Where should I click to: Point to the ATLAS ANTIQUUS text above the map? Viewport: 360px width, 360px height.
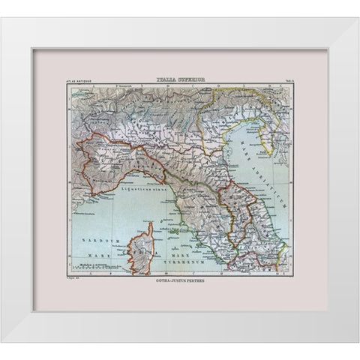click(x=79, y=81)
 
